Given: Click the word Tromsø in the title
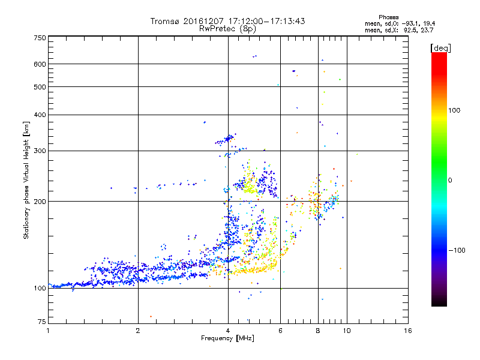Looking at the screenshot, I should [166, 21].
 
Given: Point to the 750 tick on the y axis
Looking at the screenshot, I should [40, 37].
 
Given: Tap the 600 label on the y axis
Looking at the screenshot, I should [40, 64].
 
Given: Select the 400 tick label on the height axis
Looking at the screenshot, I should [40, 115].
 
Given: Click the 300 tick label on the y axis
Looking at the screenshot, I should [40, 151].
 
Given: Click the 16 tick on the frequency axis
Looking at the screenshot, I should [407, 331].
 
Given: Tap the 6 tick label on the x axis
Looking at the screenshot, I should [281, 331].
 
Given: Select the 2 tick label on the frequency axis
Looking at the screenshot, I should [138, 331].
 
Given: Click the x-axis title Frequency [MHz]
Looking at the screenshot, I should [228, 339].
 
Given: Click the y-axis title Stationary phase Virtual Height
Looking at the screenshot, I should [26, 180].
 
